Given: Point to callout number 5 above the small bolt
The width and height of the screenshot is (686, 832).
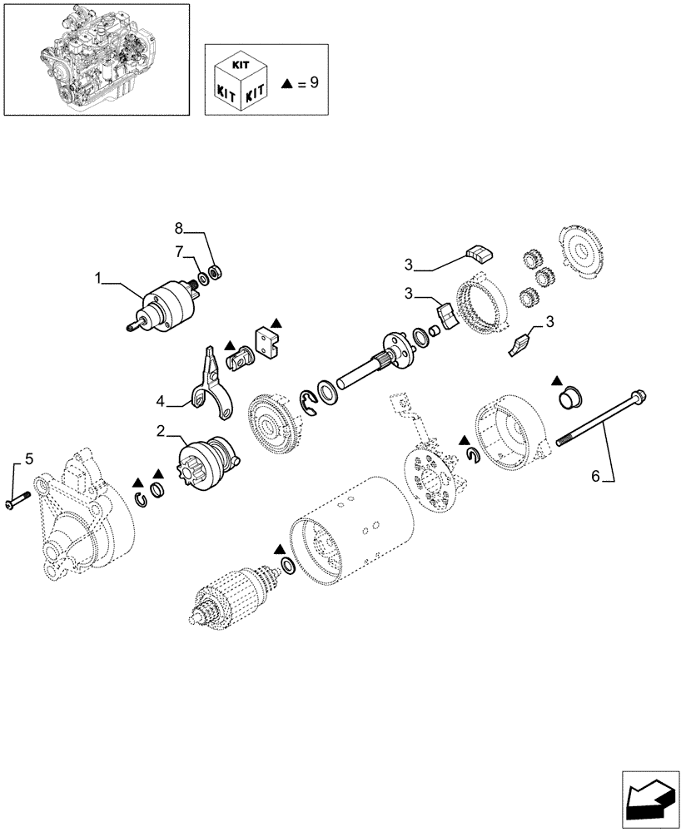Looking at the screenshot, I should point(29,458).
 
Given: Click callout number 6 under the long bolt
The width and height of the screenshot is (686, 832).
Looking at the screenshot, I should point(595,476).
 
